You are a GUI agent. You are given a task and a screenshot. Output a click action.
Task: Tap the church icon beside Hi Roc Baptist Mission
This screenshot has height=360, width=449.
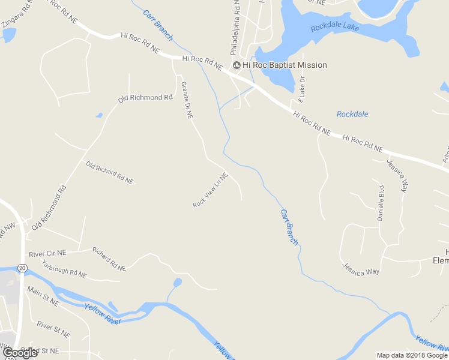(x=237, y=65)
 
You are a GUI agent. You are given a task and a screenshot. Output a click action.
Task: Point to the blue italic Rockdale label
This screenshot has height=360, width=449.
(x=352, y=114)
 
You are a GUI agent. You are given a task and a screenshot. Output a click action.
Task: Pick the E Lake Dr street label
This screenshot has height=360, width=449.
(x=302, y=89)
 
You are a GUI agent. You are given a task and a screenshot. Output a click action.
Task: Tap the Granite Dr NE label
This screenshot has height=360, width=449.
(x=187, y=100)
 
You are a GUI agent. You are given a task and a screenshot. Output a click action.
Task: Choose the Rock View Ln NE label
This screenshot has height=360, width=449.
(x=211, y=190)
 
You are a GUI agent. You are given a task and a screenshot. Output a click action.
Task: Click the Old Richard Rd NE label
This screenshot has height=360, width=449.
(x=109, y=172)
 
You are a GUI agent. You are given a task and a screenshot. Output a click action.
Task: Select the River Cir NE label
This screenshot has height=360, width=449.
(x=47, y=253)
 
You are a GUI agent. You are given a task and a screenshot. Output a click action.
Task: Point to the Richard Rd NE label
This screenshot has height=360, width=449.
(x=109, y=258)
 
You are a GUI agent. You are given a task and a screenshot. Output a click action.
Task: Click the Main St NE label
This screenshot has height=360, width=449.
(x=43, y=296)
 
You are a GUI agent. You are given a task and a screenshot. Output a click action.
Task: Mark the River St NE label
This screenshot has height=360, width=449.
(x=53, y=328)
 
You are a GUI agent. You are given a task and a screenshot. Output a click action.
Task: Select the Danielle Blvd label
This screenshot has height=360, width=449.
(x=381, y=203)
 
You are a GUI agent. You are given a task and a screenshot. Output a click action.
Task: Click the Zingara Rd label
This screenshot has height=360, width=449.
(x=17, y=17)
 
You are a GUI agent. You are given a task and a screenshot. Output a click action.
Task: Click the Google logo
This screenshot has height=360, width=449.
(x=20, y=353)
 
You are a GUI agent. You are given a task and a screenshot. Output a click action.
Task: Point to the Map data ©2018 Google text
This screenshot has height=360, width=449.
(x=412, y=355)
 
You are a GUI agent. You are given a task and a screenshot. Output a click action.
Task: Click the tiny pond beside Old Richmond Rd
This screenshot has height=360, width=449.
(x=99, y=115)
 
